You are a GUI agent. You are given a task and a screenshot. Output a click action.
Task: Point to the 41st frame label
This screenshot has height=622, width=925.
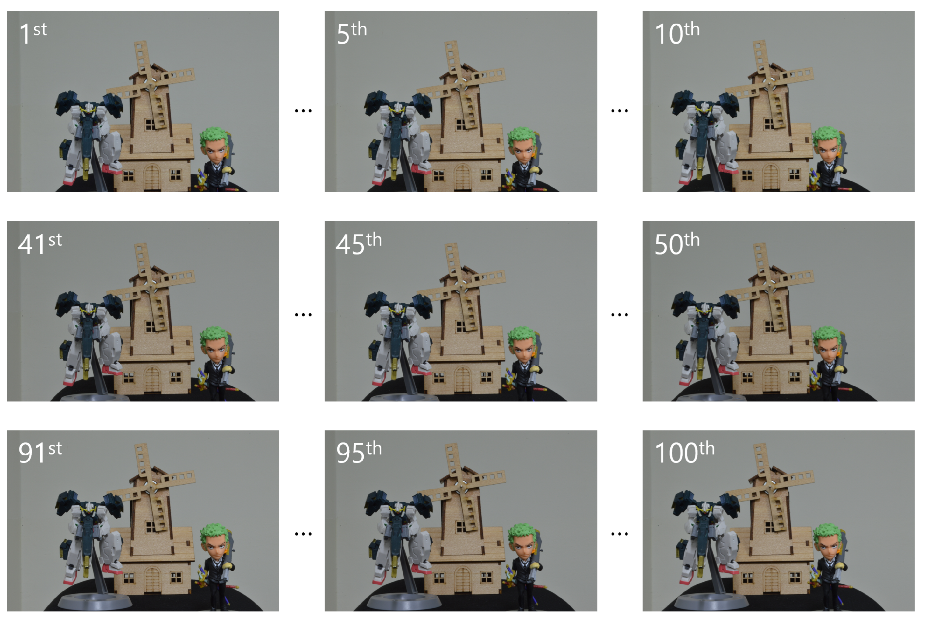40,243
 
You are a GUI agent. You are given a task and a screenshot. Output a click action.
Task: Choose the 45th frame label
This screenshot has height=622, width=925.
359,243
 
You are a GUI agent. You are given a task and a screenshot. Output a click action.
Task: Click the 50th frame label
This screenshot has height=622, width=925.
677,243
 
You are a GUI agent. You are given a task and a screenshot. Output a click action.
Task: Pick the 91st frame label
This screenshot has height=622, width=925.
40,452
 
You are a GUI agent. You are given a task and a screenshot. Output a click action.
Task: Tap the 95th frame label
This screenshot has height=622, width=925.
359,452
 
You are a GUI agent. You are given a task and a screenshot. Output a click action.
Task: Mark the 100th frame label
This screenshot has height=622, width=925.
685,452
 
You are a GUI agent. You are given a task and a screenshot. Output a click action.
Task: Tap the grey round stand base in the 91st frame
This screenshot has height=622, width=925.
95,601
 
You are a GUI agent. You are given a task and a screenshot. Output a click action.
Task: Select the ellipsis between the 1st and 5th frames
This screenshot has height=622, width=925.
303,111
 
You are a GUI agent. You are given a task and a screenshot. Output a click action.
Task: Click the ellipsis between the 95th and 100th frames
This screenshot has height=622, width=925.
620,534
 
